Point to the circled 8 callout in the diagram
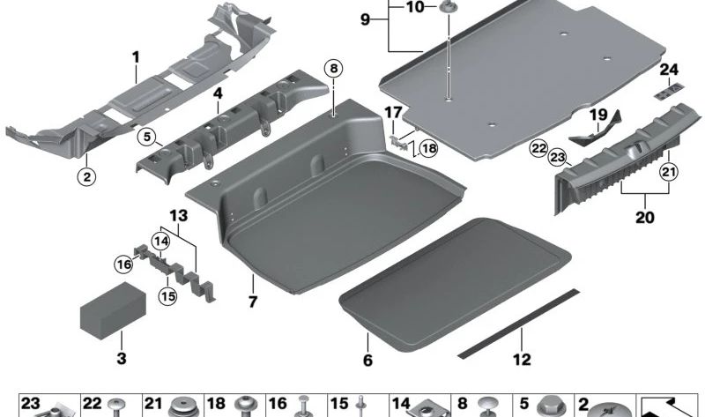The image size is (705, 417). point(331,68)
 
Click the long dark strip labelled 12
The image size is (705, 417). point(520,322)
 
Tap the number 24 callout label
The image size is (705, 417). point(669,69)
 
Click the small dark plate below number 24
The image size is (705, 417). point(669,90)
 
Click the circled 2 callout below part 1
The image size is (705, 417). point(85,175)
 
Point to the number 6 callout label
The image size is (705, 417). point(367,361)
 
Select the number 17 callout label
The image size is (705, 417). point(392,112)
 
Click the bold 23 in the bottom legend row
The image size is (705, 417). point(31,403)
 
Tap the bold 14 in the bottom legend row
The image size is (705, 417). point(401,403)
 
